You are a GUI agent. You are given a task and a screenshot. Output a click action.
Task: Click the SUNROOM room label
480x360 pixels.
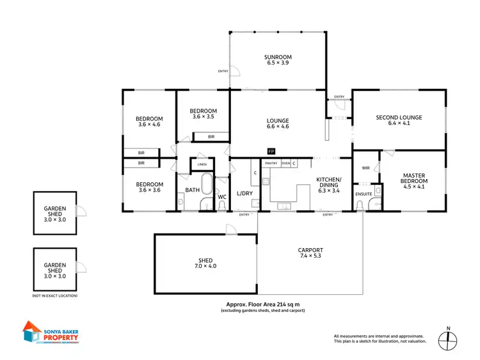click(278, 58)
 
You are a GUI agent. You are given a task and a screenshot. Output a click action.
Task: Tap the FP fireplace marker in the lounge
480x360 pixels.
click(271, 152)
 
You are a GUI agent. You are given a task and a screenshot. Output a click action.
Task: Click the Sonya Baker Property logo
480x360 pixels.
click(51, 333)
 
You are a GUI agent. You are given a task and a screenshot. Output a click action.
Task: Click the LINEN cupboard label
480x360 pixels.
click(202, 164)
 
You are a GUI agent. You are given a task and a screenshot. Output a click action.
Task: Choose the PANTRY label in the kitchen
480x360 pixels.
click(271, 164)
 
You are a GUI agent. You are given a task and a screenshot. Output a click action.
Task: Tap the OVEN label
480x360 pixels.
click(285, 164)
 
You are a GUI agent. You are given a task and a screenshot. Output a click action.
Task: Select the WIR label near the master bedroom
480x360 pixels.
click(366, 168)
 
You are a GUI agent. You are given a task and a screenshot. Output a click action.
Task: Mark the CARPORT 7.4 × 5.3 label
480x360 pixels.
click(310, 253)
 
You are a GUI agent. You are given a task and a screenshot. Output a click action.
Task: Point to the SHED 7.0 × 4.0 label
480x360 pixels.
click(205, 263)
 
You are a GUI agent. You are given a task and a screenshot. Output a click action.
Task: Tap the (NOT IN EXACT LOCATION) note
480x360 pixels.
click(54, 297)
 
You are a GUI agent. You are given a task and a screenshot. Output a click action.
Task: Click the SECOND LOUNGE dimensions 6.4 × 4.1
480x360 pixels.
click(398, 123)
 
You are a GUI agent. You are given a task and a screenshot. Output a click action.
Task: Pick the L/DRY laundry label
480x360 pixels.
click(244, 193)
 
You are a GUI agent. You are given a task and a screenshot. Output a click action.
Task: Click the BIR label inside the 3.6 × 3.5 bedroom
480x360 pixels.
click(211, 137)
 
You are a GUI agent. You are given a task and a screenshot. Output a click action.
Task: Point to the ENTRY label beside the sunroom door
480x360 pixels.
click(223, 71)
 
